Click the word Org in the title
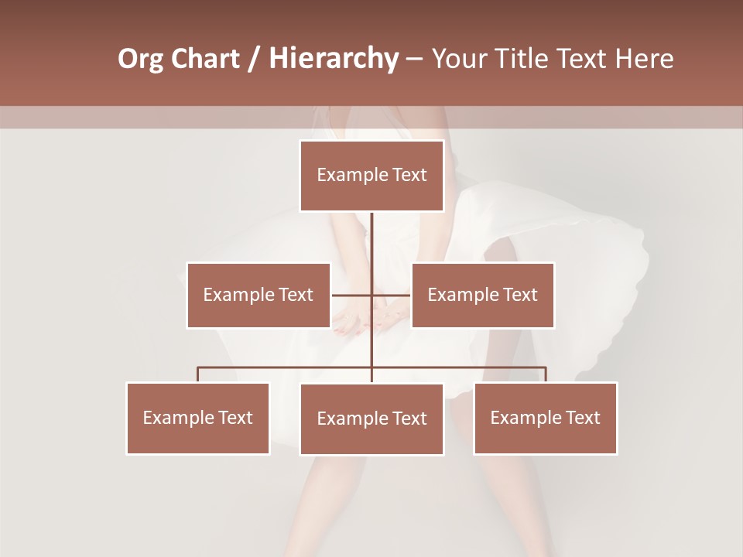coord(141,59)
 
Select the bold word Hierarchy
coord(333,59)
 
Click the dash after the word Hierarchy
coord(413,59)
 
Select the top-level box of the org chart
coord(371,176)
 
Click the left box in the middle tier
coord(259,295)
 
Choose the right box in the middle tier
coord(483,295)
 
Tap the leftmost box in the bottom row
coord(198,418)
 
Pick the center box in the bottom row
coord(371,419)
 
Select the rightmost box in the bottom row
coord(546,418)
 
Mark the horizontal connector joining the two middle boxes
coord(352,295)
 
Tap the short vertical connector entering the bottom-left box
coord(198,374)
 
